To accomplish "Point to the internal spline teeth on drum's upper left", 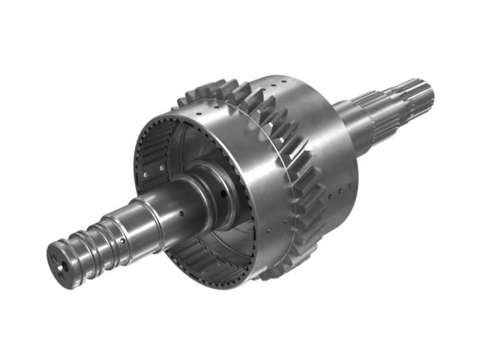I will [154, 147].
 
